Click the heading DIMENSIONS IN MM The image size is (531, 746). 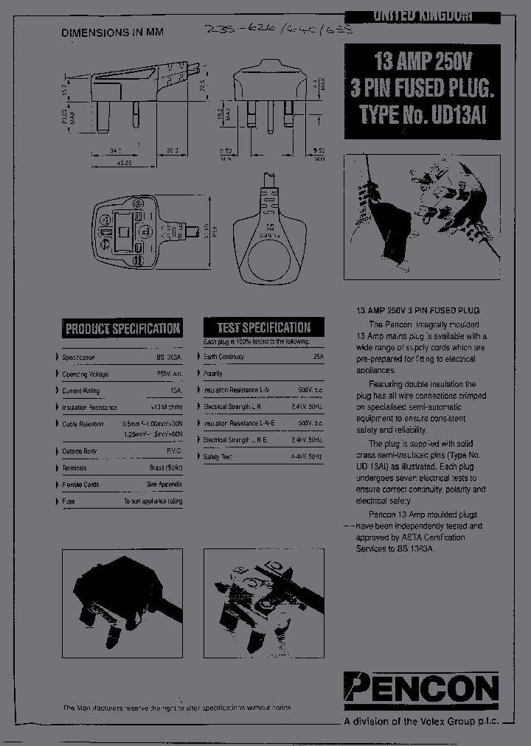pos(112,32)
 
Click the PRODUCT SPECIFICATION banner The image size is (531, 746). pos(122,329)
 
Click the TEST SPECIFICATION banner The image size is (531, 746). pos(263,327)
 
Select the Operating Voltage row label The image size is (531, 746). pos(85,374)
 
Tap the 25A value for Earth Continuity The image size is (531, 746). pos(318,357)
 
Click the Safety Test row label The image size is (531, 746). pos(218,457)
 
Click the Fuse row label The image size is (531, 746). pos(69,501)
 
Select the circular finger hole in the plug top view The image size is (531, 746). pos(268,259)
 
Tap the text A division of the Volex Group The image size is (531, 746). pos(421,722)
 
